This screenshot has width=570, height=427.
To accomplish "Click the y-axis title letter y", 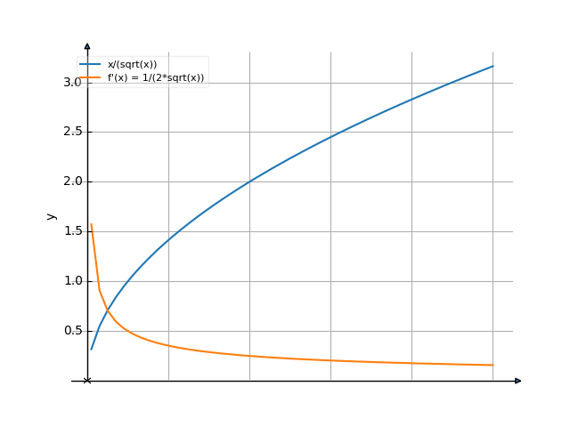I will pyautogui.click(x=51, y=216).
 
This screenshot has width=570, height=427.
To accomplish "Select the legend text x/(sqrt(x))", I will pyautogui.click(x=132, y=64).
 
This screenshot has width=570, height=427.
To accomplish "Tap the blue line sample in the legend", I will pyautogui.click(x=89, y=64).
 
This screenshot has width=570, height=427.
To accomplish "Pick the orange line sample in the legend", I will pyautogui.click(x=89, y=77).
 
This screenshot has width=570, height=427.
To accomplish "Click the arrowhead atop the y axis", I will pyautogui.click(x=87, y=44).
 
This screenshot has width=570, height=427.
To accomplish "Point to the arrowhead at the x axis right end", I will pyautogui.click(x=518, y=381).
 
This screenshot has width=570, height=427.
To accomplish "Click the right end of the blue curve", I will pyautogui.click(x=493, y=66).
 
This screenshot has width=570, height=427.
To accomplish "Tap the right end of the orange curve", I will pyautogui.click(x=493, y=365).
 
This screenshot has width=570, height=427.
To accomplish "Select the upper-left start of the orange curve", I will pyautogui.click(x=91, y=223).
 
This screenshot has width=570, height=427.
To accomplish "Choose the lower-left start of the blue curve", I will pyautogui.click(x=91, y=350).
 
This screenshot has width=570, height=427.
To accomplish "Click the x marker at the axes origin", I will pyautogui.click(x=87, y=381).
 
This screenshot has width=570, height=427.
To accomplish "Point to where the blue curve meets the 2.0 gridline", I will pyautogui.click(x=249, y=181).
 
